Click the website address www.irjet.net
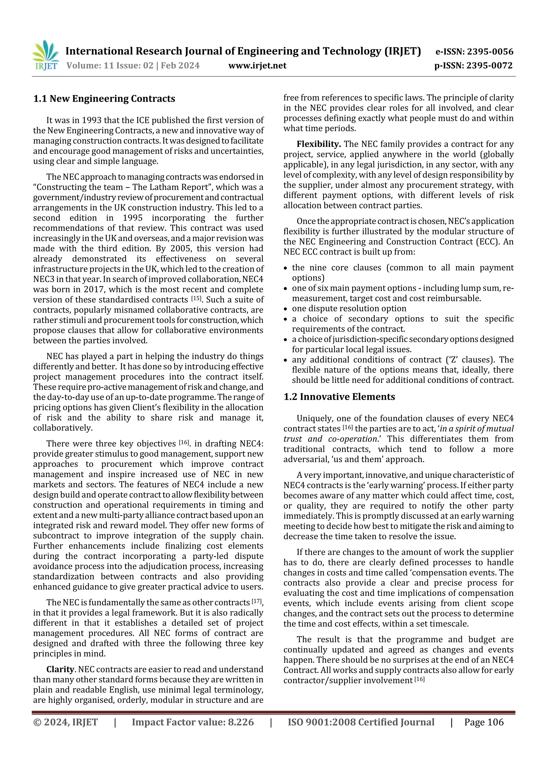[x=257, y=66]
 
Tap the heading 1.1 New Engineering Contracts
[x=104, y=99]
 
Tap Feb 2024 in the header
[x=180, y=66]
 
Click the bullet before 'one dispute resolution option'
[x=286, y=309]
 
